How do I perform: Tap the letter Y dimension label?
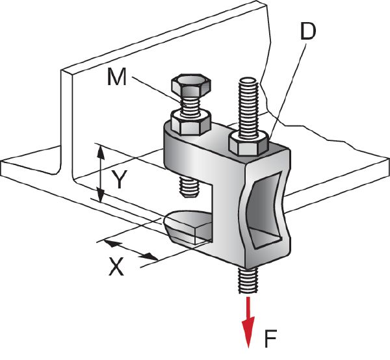(x=118, y=179)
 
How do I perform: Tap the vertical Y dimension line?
(x=100, y=174)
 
